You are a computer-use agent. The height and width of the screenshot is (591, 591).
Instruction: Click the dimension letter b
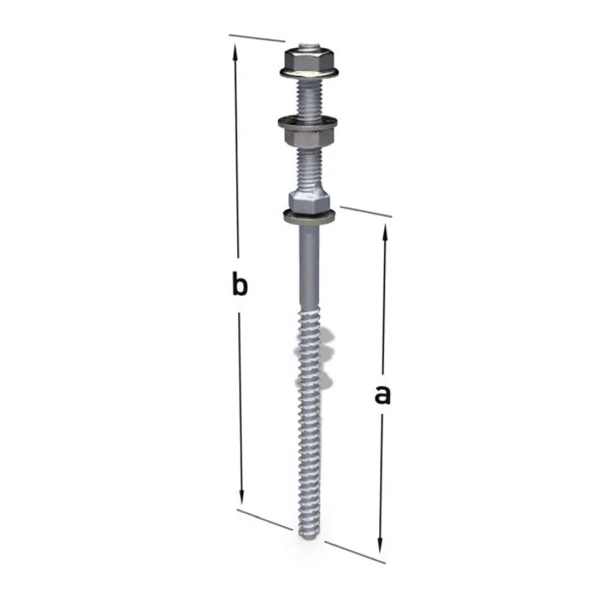point(240,285)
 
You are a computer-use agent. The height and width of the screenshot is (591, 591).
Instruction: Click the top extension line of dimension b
point(257,38)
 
